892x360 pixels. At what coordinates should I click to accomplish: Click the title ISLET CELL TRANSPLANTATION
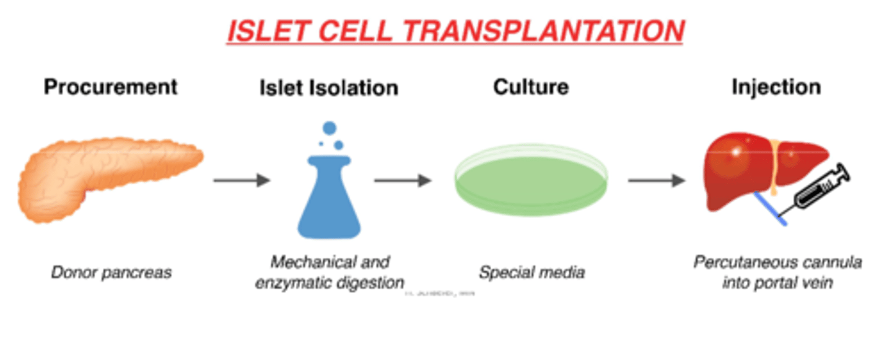455,32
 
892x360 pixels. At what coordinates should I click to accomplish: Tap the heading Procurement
111,87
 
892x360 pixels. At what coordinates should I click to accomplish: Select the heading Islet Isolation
328,88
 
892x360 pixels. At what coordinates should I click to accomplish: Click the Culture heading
531,87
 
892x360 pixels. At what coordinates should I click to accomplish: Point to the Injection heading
776,87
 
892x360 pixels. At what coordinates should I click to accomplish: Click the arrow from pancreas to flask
242,180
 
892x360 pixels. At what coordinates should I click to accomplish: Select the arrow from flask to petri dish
403,180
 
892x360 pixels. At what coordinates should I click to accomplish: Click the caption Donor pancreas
111,272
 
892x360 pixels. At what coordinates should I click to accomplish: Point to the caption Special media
531,272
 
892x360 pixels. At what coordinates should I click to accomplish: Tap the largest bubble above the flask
330,129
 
